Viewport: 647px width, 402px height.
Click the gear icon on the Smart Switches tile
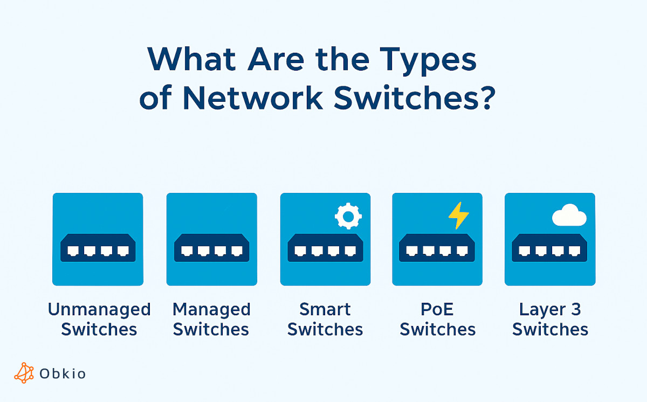click(348, 216)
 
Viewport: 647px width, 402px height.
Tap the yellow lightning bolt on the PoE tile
click(459, 215)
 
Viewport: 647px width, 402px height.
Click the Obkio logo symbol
click(24, 372)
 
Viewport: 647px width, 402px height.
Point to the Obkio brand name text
click(63, 373)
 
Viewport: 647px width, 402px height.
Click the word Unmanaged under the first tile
click(99, 310)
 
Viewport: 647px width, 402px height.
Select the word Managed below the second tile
click(211, 310)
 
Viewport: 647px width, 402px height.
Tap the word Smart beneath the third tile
click(325, 310)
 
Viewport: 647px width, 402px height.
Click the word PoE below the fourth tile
click(437, 310)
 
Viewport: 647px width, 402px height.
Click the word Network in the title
click(252, 98)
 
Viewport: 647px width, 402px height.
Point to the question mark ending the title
click(486, 98)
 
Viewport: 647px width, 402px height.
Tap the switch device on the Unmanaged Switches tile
click(98, 248)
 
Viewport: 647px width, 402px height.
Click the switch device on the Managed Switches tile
click(211, 248)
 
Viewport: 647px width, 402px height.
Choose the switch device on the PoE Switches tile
click(437, 248)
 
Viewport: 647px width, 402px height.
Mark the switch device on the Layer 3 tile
click(550, 248)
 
